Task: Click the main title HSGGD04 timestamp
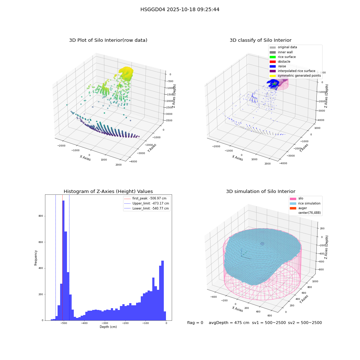pyautogui.click(x=180, y=9)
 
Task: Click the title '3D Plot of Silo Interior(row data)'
pyautogui.click(x=108, y=40)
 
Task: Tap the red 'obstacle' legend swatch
pyautogui.click(x=273, y=62)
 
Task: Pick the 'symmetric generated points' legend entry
pyautogui.click(x=295, y=76)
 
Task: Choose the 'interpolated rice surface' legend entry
pyautogui.click(x=292, y=71)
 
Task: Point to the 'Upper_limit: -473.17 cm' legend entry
pyautogui.click(x=147, y=203)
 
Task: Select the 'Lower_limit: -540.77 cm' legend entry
pyautogui.click(x=147, y=208)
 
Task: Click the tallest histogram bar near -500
pyautogui.click(x=63, y=260)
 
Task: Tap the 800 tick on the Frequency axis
pyautogui.click(x=41, y=216)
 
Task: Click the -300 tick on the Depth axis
pyautogui.click(x=105, y=323)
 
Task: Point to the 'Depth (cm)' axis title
pyautogui.click(x=108, y=327)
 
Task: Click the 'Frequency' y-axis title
pyautogui.click(x=36, y=258)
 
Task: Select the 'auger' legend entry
pyautogui.click(x=298, y=208)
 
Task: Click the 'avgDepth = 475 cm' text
pyautogui.click(x=229, y=323)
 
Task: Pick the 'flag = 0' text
pyautogui.click(x=195, y=323)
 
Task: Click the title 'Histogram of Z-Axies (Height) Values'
pyautogui.click(x=108, y=192)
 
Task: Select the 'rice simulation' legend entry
pyautogui.click(x=305, y=203)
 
